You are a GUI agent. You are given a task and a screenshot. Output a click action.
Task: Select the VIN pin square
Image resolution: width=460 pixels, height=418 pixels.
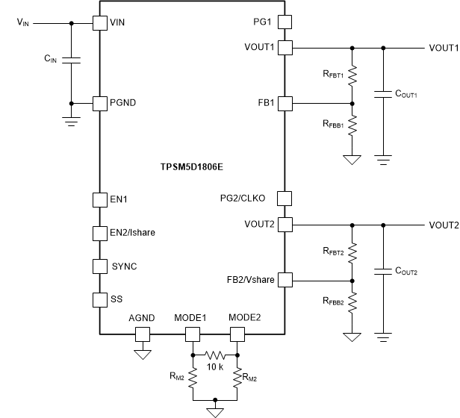click(x=99, y=22)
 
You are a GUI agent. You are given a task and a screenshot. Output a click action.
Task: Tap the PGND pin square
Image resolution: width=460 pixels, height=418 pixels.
click(x=99, y=103)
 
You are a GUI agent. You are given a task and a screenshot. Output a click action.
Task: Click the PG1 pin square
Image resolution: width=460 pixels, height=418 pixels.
click(x=284, y=22)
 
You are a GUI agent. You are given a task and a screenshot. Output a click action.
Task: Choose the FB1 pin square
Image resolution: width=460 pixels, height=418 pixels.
click(x=284, y=103)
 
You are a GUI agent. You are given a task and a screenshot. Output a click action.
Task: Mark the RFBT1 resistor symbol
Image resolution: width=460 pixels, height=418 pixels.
click(x=352, y=75)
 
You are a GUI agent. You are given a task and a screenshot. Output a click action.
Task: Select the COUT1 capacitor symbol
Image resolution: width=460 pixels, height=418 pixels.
click(x=383, y=95)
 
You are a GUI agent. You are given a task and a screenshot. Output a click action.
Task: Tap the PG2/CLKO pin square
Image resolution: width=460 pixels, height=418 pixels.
click(x=284, y=199)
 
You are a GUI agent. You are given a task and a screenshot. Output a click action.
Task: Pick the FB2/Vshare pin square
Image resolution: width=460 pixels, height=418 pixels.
click(x=284, y=279)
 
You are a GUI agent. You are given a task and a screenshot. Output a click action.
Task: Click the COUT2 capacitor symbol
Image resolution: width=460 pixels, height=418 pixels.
click(x=383, y=271)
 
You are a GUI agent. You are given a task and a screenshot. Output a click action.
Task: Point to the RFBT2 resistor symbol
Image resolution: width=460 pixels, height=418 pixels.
click(x=352, y=252)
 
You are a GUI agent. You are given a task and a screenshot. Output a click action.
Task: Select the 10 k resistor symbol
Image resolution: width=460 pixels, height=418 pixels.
click(x=215, y=355)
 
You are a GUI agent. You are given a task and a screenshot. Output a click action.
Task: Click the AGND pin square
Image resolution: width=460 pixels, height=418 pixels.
click(x=142, y=334)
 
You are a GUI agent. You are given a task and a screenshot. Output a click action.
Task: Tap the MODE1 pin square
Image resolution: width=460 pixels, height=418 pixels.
click(x=192, y=334)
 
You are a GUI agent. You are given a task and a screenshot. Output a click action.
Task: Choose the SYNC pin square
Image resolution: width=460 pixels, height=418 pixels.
click(x=99, y=266)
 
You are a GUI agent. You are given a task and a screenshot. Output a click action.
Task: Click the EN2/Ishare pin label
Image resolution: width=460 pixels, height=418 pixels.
click(x=133, y=232)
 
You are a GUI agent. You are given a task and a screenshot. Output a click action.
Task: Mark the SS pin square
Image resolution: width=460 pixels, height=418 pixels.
click(x=99, y=299)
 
